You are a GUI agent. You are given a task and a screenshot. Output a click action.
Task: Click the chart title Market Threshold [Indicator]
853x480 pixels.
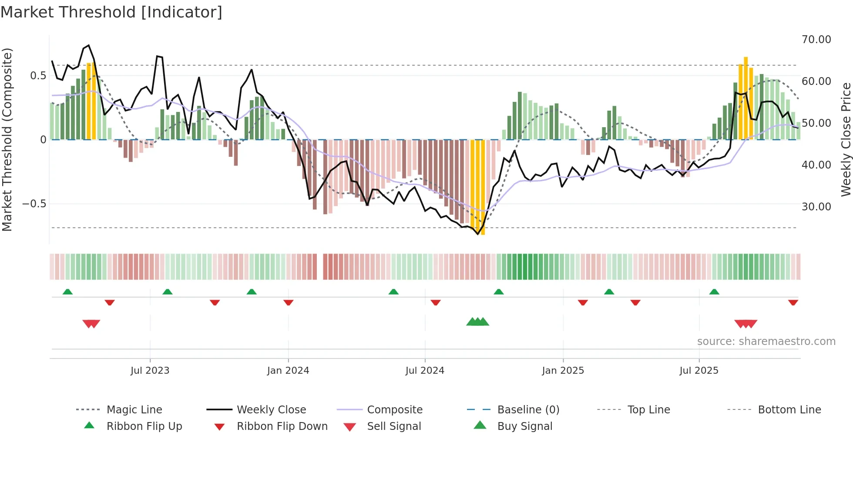pos(111,12)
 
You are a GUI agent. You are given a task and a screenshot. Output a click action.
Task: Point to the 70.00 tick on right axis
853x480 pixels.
pos(816,40)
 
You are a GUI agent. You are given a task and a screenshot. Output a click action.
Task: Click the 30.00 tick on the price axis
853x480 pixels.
pos(816,207)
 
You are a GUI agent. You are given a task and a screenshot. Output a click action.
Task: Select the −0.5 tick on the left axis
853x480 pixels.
pos(34,204)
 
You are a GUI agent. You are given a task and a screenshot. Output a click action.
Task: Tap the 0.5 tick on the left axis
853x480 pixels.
pos(38,76)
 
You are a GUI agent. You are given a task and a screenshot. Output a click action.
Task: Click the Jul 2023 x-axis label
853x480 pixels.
pos(150,371)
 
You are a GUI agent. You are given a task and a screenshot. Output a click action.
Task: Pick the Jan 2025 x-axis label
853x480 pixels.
pos(563,371)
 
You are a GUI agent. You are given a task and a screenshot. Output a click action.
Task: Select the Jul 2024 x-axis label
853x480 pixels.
pos(425,371)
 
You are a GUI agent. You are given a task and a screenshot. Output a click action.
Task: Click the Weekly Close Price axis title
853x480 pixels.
pos(846,139)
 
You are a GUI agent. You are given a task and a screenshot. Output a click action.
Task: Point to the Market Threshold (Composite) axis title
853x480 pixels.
pos(7,139)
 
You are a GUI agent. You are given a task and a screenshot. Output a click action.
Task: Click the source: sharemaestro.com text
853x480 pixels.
pos(766,341)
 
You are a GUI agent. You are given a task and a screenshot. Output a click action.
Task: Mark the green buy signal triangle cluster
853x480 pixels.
pos(478,322)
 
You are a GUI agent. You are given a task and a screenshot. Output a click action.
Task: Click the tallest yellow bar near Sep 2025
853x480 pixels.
pos(746,98)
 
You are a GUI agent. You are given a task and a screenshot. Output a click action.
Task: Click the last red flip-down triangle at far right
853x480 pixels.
pos(793,302)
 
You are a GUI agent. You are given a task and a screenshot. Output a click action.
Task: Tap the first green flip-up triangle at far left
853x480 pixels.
pos(67,292)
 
